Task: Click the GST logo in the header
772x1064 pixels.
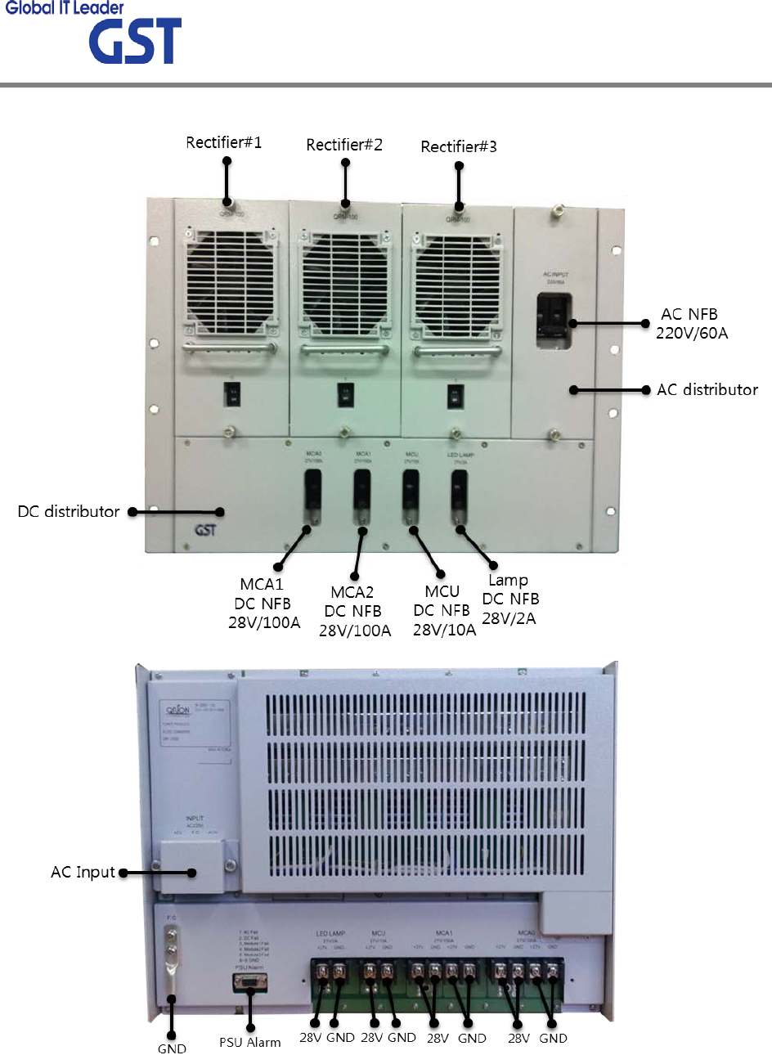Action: coord(135,42)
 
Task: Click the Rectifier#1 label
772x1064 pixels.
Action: coord(224,142)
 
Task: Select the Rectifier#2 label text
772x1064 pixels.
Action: coord(344,145)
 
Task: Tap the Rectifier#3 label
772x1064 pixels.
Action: coord(459,146)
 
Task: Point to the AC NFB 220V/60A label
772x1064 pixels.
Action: coord(691,324)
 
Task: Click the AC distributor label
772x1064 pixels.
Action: coord(707,390)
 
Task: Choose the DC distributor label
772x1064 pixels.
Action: coord(69,512)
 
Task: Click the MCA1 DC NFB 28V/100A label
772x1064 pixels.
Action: coord(263,604)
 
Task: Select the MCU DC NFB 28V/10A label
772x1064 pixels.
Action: coord(443,610)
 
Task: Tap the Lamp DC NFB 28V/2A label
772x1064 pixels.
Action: coord(509,599)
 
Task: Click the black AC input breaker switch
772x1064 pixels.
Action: coord(554,321)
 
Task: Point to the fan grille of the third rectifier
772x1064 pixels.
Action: coord(456,285)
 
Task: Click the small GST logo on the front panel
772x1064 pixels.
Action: coord(206,530)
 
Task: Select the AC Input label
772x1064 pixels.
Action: coord(83,873)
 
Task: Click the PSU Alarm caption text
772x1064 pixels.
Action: coord(249,1043)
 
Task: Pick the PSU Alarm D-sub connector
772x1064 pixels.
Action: coord(250,984)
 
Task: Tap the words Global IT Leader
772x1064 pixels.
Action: coord(65,8)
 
